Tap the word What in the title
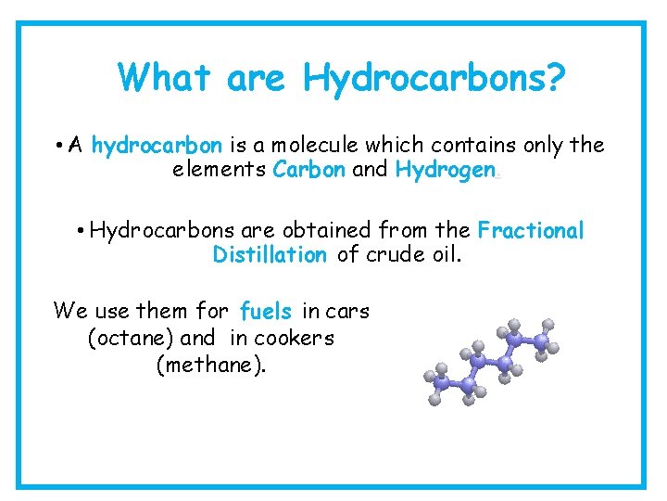point(164,78)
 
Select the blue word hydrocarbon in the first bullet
point(157,146)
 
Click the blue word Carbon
point(309,171)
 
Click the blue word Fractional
point(531,230)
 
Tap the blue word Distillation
point(270,255)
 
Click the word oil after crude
point(442,255)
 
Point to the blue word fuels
point(265,312)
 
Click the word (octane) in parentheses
point(131,339)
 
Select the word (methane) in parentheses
point(211,365)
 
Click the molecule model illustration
point(491,362)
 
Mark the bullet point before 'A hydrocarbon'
point(58,147)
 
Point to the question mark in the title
point(552,78)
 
